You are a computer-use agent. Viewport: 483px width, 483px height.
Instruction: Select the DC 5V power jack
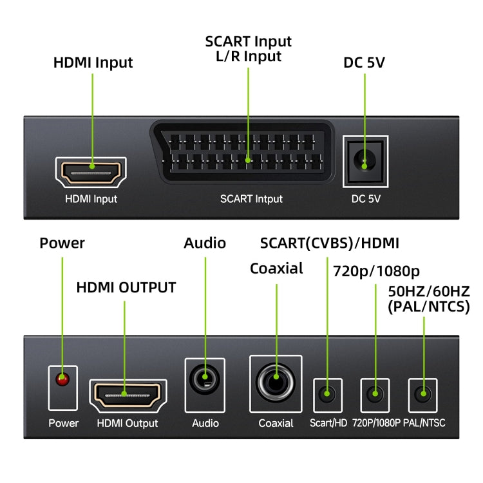pyautogui.click(x=365, y=162)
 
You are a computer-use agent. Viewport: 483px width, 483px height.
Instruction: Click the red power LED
pyautogui.click(x=62, y=380)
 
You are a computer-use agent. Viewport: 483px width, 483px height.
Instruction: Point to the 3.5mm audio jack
pyautogui.click(x=205, y=379)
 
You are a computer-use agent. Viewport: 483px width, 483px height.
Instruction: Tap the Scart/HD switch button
pyautogui.click(x=328, y=393)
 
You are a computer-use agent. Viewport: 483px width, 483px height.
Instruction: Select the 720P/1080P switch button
pyautogui.click(x=375, y=393)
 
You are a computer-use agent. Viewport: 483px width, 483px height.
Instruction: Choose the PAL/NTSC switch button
pyautogui.click(x=422, y=393)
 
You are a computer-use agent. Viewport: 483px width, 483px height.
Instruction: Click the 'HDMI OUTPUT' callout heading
pyautogui.click(x=126, y=288)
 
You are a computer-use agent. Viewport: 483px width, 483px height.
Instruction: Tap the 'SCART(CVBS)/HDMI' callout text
pyautogui.click(x=329, y=243)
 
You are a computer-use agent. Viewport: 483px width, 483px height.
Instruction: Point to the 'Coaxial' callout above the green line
pyautogui.click(x=276, y=269)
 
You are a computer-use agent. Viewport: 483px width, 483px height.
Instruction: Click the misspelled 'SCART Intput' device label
pyautogui.click(x=251, y=199)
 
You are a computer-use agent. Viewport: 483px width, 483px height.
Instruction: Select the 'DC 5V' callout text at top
pyautogui.click(x=365, y=63)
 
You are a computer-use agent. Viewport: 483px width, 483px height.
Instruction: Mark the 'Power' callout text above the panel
pyautogui.click(x=62, y=243)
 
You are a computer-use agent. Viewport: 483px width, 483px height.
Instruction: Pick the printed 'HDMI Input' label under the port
pyautogui.click(x=91, y=199)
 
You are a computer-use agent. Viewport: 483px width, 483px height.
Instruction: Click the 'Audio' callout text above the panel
pyautogui.click(x=205, y=243)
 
